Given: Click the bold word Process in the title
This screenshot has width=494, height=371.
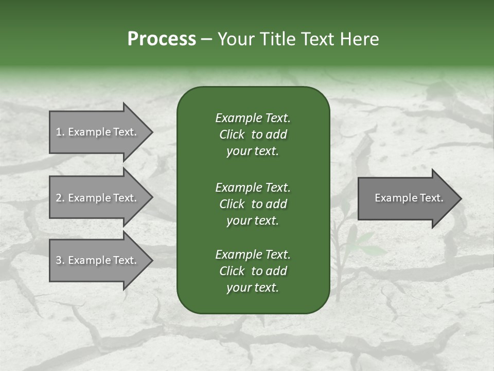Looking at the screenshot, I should tap(162, 39).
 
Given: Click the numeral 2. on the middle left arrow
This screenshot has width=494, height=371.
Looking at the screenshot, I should tap(60, 198).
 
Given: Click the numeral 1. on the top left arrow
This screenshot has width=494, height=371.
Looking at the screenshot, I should tap(60, 132).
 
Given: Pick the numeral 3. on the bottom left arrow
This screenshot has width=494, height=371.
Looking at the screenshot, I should tap(60, 260).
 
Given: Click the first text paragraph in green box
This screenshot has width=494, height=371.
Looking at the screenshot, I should tap(253, 134).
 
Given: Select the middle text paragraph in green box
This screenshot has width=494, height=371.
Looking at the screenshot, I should tap(253, 204).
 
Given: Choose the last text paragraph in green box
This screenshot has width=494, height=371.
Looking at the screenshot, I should tap(253, 271).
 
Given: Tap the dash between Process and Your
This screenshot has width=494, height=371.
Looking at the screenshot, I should tap(206, 39).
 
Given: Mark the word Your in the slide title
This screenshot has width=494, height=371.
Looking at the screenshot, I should tap(235, 39).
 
